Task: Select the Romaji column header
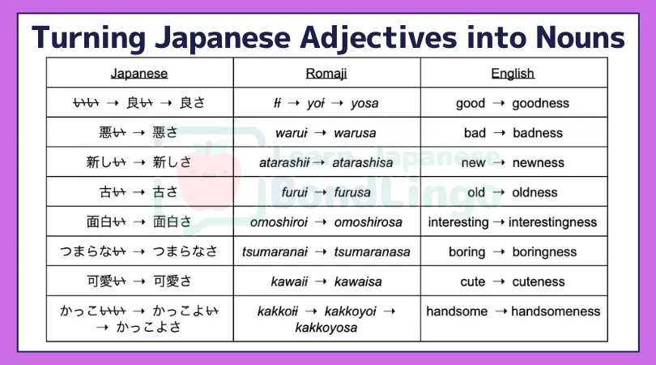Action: pos(326,73)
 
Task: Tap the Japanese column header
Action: pos(139,73)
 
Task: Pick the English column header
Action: pos(513,73)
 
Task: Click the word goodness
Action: pos(540,103)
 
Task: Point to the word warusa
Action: pos(355,133)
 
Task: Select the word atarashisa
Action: pos(363,162)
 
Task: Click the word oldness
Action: pos(535,192)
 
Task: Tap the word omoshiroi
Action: pos(279,222)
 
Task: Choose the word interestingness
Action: pos(552,222)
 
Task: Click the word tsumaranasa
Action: pos(372,252)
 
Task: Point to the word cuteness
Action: pos(539,281)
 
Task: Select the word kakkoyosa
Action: pos(326,328)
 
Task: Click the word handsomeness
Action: pos(556,311)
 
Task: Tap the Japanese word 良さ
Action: pos(193,103)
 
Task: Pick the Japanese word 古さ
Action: pos(165,192)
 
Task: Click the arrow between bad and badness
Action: pos(500,133)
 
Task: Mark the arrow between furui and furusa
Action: pos(321,192)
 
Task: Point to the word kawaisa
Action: pos(358,281)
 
